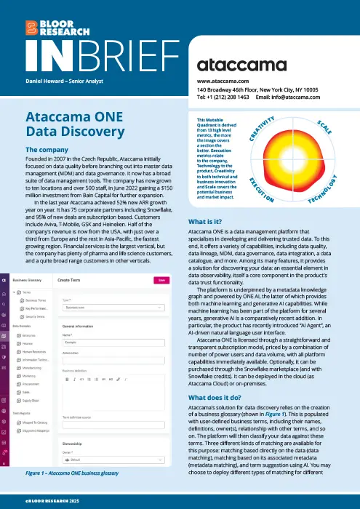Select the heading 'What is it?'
pyautogui.click(x=211, y=220)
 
